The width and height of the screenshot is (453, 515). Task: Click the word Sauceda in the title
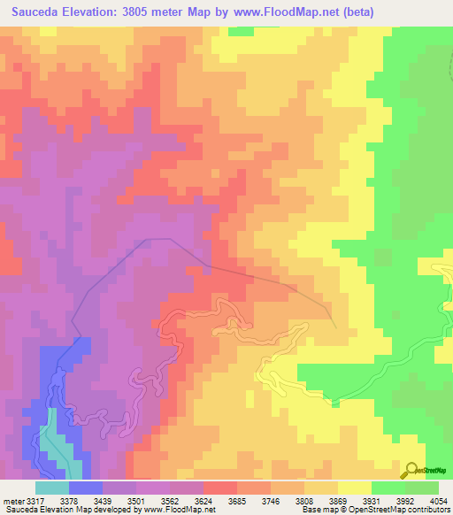(35, 12)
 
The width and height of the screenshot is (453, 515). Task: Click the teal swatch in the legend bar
(51, 487)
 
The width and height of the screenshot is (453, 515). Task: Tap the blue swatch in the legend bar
(85, 487)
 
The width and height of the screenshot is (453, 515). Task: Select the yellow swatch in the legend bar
(354, 487)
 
